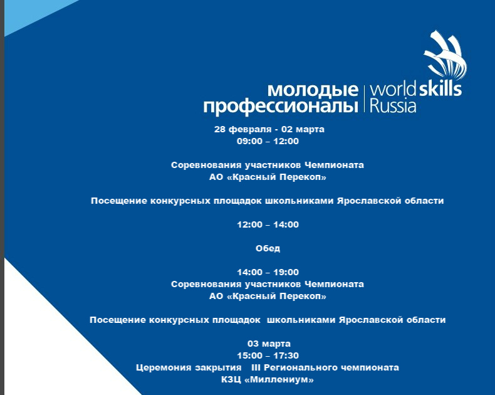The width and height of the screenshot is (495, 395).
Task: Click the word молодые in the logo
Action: point(313,90)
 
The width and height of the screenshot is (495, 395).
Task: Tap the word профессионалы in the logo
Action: point(281,107)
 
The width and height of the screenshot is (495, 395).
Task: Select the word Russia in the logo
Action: point(393,106)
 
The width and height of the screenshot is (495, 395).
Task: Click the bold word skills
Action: point(440,88)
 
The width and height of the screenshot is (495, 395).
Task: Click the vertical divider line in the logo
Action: point(364,98)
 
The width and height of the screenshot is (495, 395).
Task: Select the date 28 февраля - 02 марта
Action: point(269,129)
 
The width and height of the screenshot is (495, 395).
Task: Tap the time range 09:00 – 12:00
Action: point(268,141)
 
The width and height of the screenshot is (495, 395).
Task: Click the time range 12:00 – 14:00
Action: point(268,224)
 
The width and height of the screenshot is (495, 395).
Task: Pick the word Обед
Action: point(268,248)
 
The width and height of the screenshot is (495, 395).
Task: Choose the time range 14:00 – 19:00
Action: point(268,272)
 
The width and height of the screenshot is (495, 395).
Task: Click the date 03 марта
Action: point(269,344)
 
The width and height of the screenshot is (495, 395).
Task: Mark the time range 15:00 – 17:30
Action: point(268,355)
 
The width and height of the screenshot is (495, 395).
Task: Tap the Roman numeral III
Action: point(256,367)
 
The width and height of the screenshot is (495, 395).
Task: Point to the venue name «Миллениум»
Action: point(279,379)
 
